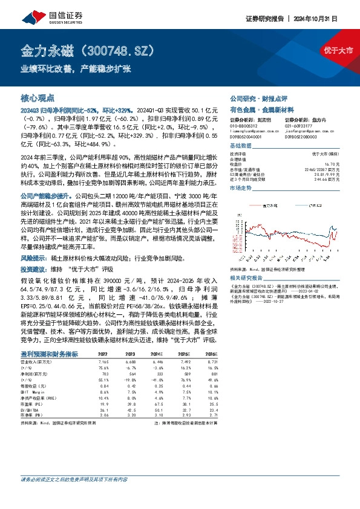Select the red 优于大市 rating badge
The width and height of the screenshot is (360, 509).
338,50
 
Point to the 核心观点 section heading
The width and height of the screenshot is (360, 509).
38,97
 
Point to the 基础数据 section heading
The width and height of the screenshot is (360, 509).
242,148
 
